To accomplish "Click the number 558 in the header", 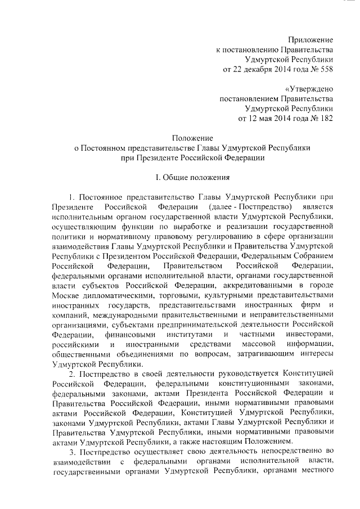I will coord(323,70).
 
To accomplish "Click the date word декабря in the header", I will coord(260,70).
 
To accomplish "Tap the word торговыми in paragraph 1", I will coord(175,295).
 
